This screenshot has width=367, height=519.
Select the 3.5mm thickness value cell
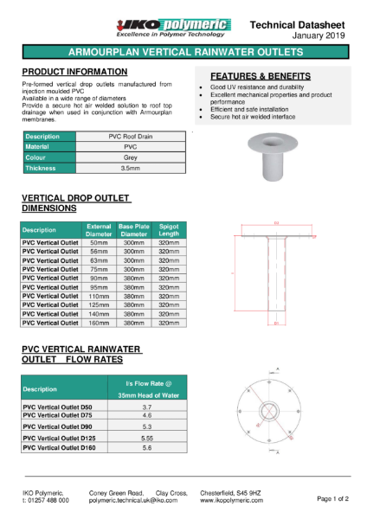(131, 168)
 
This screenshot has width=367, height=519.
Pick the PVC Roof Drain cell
(131, 137)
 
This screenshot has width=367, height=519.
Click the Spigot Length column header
(169, 230)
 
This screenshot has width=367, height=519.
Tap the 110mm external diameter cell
(99, 296)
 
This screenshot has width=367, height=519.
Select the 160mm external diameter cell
(99, 322)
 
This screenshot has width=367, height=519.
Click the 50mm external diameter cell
(99, 244)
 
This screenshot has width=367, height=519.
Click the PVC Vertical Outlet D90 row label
(57, 426)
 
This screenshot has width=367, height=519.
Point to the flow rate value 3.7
(146, 407)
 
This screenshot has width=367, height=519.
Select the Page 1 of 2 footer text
(332, 499)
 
